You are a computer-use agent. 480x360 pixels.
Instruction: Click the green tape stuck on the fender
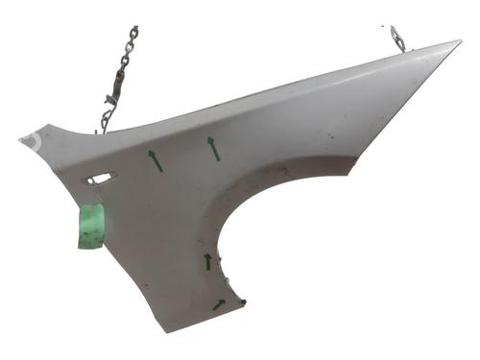pos(91,227)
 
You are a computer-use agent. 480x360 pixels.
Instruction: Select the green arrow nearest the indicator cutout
pos(155,160)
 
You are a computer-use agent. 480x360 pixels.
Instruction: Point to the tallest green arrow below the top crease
pos(213,148)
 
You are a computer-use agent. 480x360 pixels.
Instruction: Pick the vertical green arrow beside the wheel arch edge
pos(207,261)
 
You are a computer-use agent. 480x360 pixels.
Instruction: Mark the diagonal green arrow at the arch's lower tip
pos(219,305)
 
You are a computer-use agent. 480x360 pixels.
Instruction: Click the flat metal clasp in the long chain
pos(113,91)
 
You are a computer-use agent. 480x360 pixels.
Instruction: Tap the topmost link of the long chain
pos(132,32)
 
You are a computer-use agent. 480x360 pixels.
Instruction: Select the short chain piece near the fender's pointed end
pos(397,38)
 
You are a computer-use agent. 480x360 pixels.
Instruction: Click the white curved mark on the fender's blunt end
pos(33,140)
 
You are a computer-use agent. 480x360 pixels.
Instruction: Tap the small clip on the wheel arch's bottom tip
pos(243,304)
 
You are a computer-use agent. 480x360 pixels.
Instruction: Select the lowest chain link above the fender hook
pos(108,112)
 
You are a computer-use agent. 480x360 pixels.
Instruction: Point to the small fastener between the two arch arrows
pos(227,282)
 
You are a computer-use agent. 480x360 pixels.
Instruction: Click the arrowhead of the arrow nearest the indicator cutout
pos(151,153)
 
